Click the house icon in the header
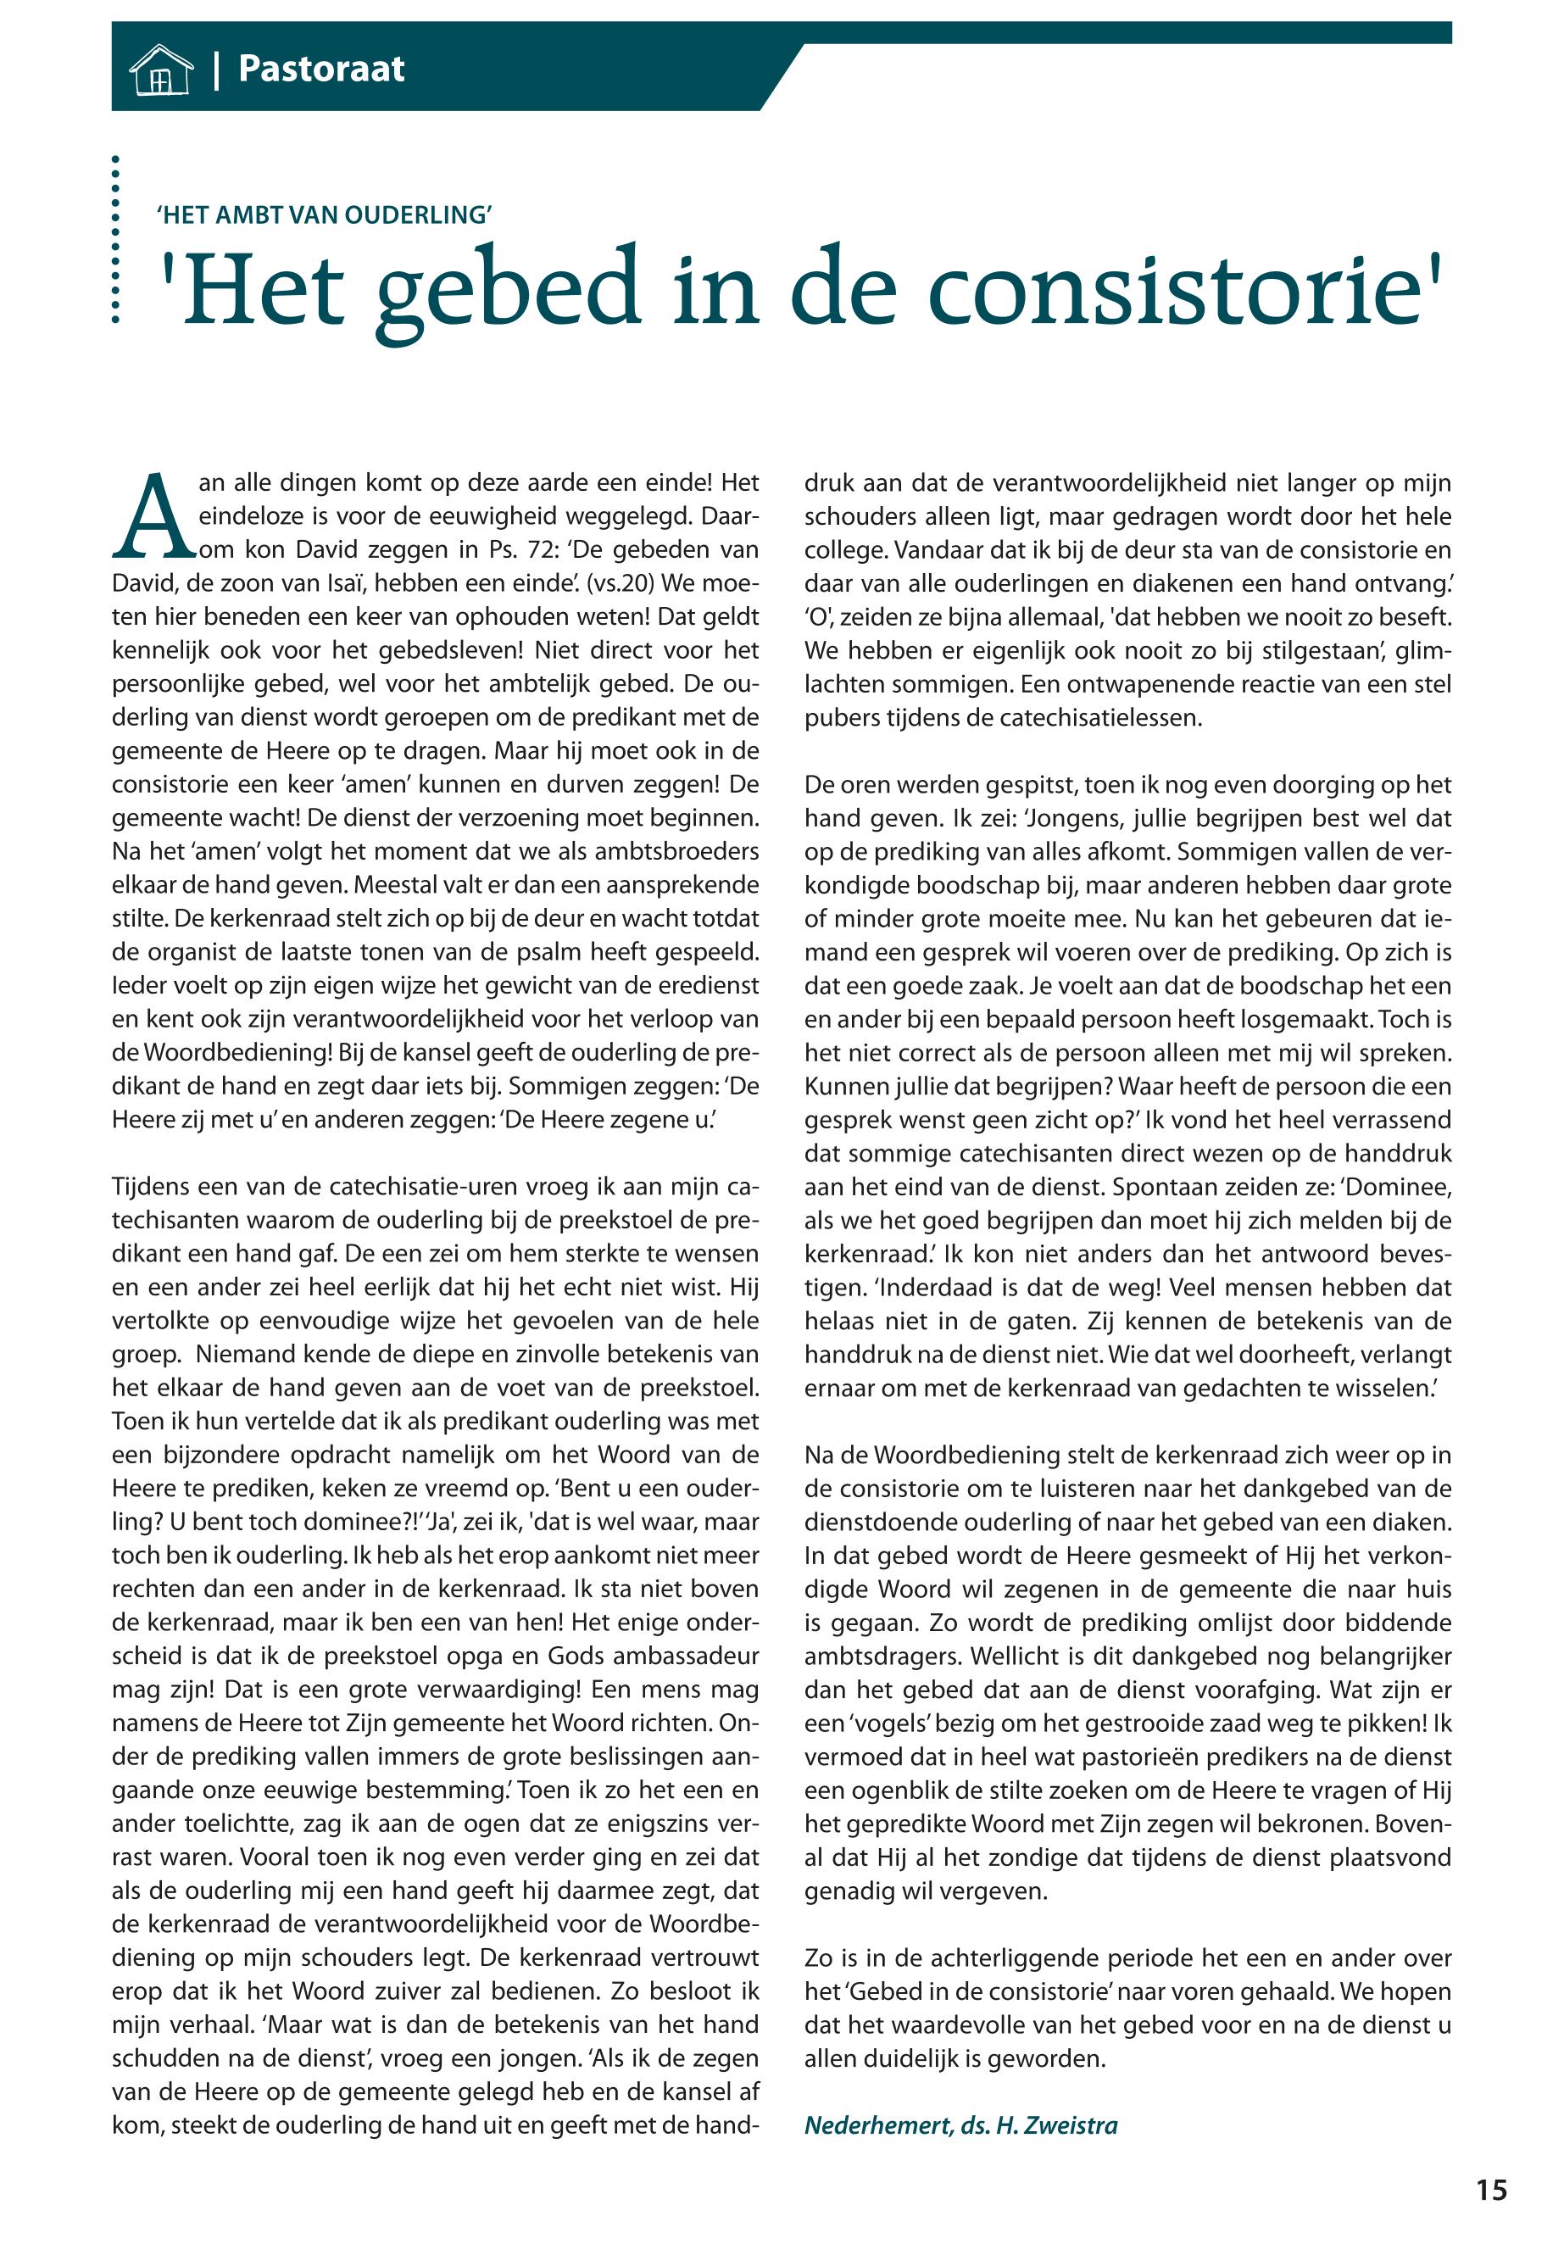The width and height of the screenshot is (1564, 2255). (161, 70)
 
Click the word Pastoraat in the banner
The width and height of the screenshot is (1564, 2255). (321, 70)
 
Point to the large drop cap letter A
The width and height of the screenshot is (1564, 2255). (153, 517)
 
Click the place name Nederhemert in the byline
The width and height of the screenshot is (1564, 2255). (876, 2124)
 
